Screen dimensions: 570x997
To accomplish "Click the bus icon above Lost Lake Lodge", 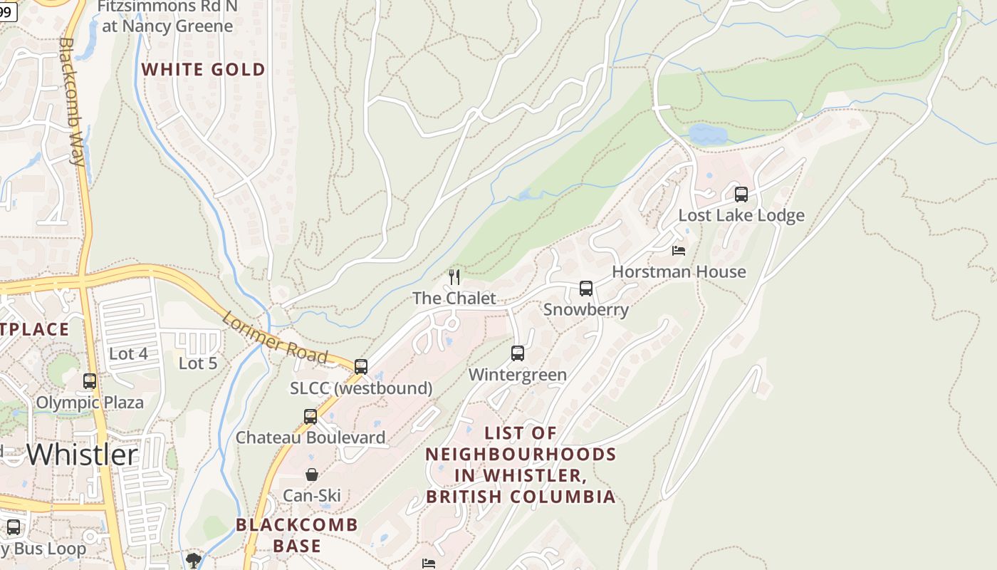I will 741,194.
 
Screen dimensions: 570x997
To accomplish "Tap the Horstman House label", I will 679,271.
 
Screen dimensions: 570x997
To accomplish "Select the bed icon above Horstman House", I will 679,250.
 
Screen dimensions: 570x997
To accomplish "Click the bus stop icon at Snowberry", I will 586,289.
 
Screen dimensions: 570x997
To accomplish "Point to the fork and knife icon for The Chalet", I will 454,277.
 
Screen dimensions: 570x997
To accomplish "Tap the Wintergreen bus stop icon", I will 518,353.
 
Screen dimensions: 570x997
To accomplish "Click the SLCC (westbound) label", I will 361,388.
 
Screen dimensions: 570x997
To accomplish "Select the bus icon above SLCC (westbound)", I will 361,367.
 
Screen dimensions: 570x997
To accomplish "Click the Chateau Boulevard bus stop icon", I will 310,417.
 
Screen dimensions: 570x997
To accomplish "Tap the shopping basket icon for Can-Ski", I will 312,475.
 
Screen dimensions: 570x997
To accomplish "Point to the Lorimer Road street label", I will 274,338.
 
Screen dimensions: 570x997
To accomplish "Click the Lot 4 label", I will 128,353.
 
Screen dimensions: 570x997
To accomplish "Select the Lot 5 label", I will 197,363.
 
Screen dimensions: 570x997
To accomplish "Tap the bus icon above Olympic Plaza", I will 90,381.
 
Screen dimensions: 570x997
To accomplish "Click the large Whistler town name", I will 82,455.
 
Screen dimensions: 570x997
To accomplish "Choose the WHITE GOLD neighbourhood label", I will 204,70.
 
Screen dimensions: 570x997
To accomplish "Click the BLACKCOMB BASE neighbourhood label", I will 297,536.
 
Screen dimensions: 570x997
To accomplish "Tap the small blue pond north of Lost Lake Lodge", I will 707,134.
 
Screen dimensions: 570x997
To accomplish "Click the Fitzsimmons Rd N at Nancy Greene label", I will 167,16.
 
